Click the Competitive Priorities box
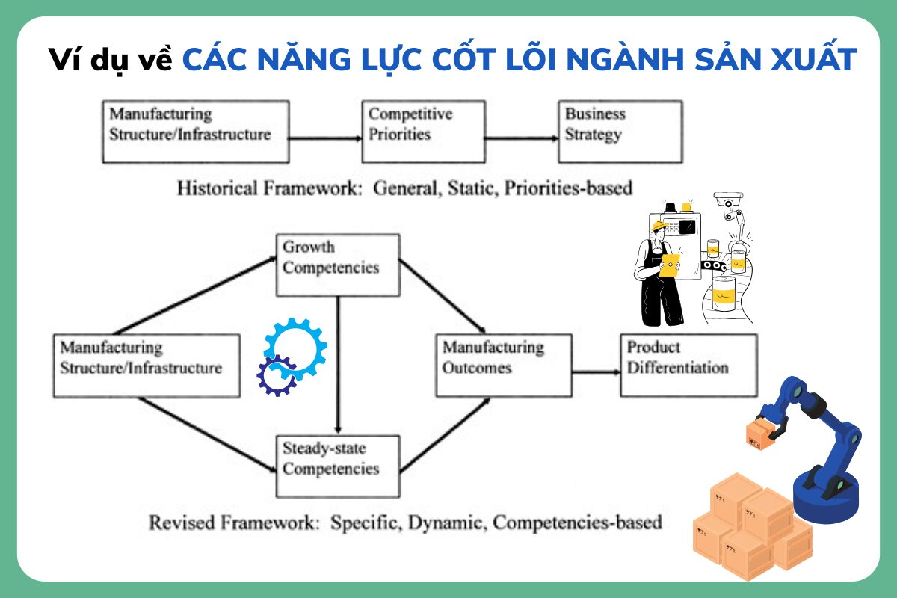(424, 132)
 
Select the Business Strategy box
(620, 132)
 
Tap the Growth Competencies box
(338, 265)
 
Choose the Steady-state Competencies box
(338, 466)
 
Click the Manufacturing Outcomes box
(504, 366)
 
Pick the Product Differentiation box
(688, 366)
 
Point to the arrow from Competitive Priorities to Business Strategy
(522, 138)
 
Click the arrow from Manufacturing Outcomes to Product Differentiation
(597, 372)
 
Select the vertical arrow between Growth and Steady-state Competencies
(338, 366)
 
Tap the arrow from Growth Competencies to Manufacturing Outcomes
(442, 297)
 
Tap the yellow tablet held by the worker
(669, 265)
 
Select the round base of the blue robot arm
(826, 499)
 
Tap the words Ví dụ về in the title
(110, 60)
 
